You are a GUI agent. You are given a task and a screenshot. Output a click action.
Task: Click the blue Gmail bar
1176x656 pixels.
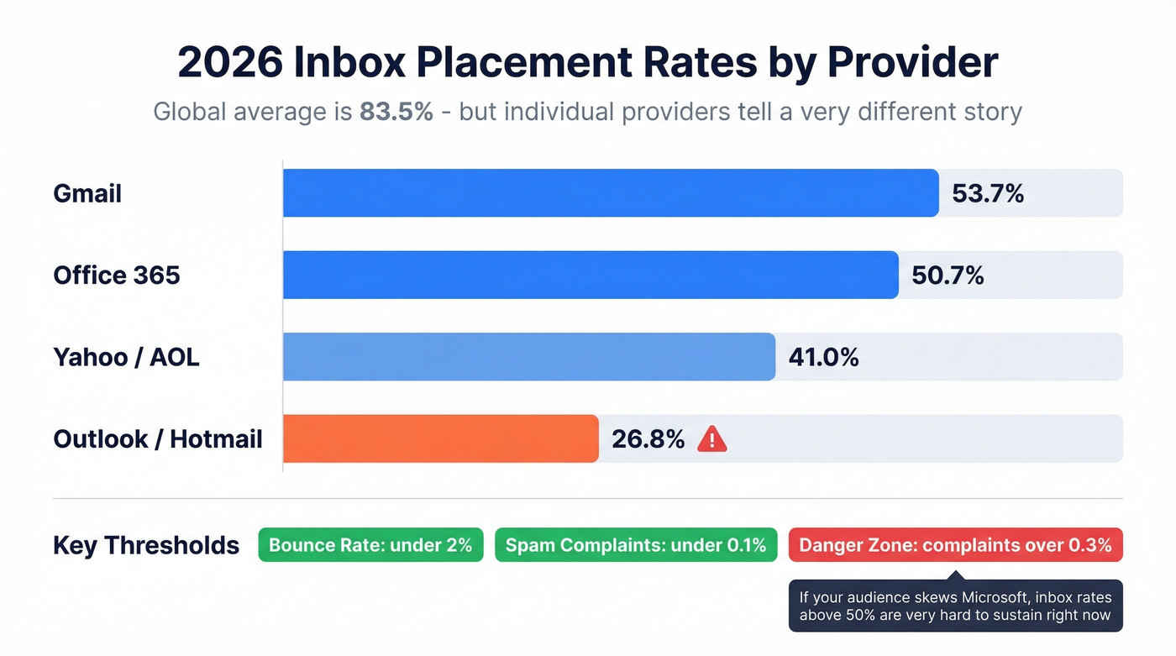click(611, 193)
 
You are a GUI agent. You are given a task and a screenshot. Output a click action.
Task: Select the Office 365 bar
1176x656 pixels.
click(591, 275)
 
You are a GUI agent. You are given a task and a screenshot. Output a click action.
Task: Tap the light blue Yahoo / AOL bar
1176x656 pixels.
click(529, 357)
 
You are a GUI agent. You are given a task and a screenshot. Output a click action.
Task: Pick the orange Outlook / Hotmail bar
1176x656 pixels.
click(441, 438)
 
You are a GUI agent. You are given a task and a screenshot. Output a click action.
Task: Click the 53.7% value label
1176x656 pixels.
click(988, 194)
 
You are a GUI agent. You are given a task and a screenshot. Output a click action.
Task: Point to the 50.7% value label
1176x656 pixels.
click(948, 276)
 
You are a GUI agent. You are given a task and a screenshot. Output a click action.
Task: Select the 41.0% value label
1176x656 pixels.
click(823, 358)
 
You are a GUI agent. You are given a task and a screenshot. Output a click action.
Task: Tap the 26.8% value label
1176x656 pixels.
click(648, 439)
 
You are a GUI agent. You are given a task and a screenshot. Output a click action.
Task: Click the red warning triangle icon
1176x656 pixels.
click(712, 438)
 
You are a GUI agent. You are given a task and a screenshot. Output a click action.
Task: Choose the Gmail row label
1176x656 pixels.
click(87, 194)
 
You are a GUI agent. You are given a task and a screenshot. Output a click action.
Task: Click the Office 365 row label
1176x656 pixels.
click(117, 276)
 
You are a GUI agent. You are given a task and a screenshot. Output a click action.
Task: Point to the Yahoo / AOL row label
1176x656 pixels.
click(126, 358)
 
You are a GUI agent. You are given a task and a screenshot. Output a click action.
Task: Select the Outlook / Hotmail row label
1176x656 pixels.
click(158, 439)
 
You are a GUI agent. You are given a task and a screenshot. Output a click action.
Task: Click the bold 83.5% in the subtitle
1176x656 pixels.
click(396, 112)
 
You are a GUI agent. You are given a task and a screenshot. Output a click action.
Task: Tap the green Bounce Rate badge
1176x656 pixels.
click(370, 545)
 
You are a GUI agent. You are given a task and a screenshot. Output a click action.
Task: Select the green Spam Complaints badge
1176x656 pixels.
click(636, 545)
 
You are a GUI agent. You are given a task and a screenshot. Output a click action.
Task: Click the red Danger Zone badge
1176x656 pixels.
click(955, 545)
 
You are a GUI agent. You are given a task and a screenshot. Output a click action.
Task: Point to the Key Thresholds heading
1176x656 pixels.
click(146, 545)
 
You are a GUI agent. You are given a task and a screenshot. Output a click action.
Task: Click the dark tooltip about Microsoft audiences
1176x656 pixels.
click(955, 606)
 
